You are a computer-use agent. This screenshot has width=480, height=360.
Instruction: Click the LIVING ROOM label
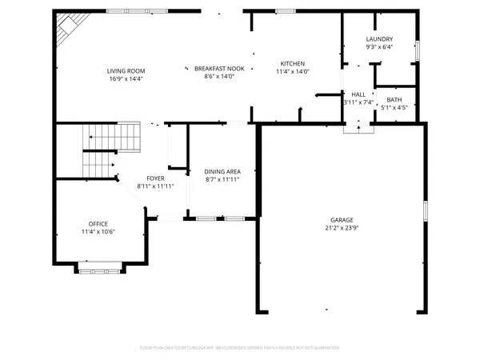coord(126,71)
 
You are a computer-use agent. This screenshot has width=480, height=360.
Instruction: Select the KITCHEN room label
coord(292,64)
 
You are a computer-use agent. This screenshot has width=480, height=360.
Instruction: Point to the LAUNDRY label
coord(379,40)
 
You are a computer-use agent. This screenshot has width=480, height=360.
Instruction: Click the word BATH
coord(394,100)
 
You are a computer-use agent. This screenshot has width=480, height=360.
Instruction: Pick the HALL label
coord(358,94)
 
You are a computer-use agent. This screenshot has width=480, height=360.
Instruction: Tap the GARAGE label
coord(342,220)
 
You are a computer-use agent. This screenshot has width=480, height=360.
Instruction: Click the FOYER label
coord(155,178)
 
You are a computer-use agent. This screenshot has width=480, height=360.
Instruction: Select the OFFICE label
coord(98,224)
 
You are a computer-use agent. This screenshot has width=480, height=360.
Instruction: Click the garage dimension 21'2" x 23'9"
coord(342,228)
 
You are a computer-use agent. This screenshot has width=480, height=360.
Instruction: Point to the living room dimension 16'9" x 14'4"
coord(126,79)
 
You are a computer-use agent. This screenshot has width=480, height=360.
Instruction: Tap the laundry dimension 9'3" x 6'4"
coord(379,48)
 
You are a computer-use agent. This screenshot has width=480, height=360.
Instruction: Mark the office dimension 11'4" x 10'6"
coord(98,232)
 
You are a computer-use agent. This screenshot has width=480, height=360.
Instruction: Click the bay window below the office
coord(99,267)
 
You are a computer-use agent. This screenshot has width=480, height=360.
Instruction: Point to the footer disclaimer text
coord(240,348)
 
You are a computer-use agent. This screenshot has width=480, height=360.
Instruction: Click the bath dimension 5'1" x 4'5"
coord(394,108)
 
